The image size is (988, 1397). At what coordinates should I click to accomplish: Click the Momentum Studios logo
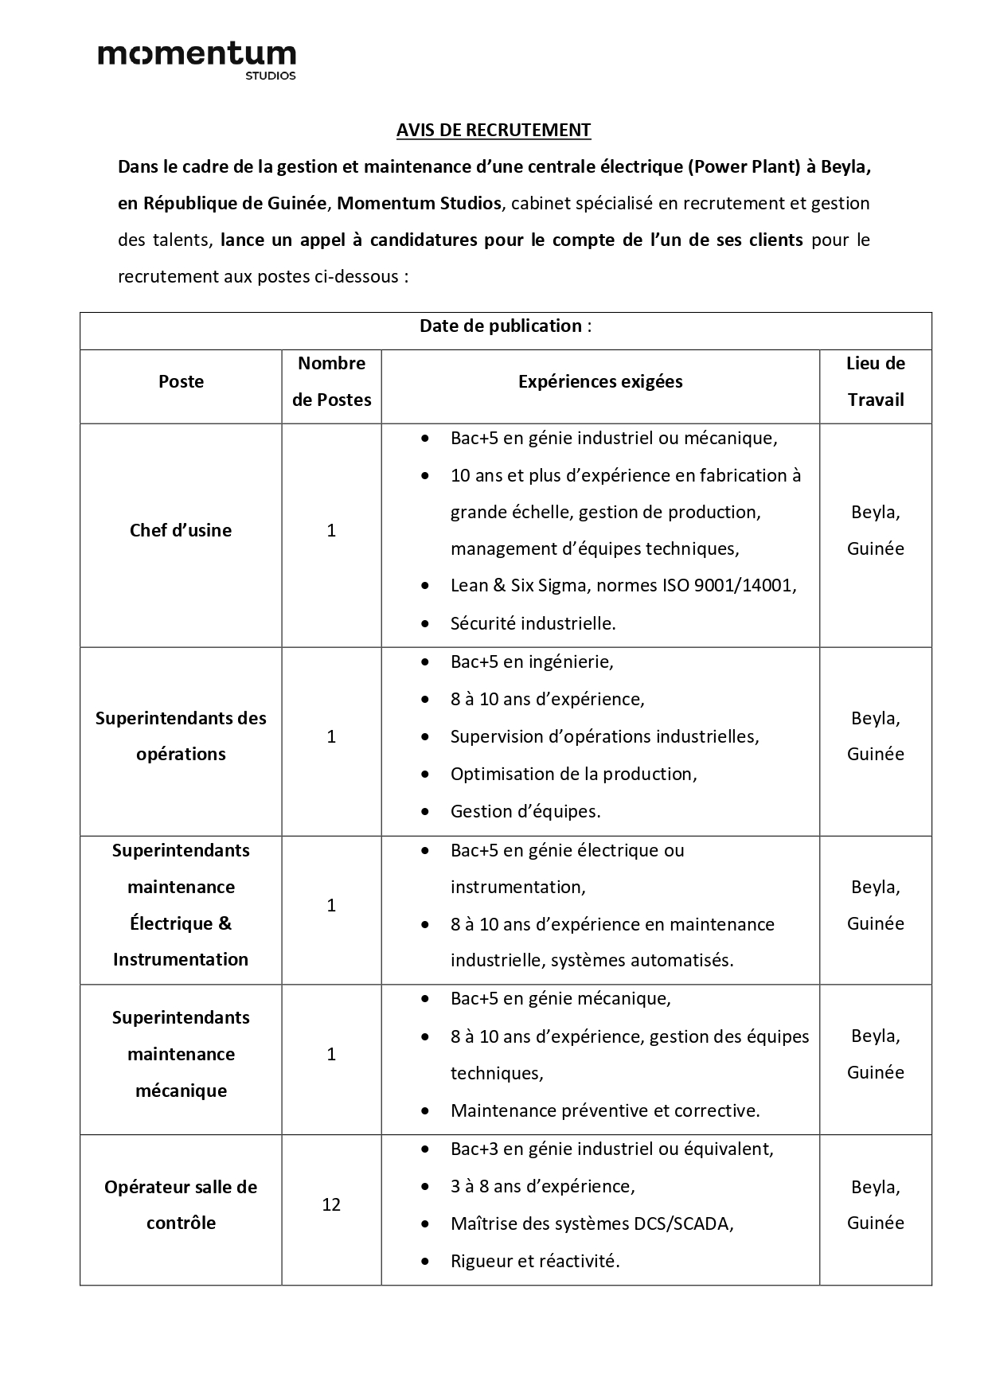[197, 60]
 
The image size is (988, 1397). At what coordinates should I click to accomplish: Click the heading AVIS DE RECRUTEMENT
[494, 130]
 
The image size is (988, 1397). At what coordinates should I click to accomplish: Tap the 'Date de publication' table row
[506, 326]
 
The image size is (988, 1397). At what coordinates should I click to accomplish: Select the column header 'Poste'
[181, 381]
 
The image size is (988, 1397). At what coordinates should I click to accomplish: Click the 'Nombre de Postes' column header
[331, 381]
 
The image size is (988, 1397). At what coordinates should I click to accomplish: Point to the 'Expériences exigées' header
[600, 381]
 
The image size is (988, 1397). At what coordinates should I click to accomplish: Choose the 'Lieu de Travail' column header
[875, 381]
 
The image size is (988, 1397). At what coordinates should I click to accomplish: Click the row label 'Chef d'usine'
[181, 530]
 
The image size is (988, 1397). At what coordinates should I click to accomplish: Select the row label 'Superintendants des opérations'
[181, 736]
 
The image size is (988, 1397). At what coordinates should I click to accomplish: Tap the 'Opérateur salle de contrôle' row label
[181, 1204]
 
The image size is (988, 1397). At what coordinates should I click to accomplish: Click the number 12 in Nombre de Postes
[331, 1204]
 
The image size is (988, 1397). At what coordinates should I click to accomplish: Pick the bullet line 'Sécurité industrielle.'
[533, 623]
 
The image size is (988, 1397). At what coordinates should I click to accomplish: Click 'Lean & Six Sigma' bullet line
[623, 586]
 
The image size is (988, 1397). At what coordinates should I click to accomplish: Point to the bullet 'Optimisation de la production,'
[573, 774]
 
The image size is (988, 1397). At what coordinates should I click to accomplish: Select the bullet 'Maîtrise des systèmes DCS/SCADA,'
[592, 1223]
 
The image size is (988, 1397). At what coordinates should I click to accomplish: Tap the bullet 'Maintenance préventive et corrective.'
[605, 1110]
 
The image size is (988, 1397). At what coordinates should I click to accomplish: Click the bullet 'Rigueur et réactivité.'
[535, 1261]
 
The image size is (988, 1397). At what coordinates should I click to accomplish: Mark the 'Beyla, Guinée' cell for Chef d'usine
[875, 530]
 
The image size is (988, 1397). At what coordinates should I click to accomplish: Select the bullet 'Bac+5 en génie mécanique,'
[560, 998]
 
